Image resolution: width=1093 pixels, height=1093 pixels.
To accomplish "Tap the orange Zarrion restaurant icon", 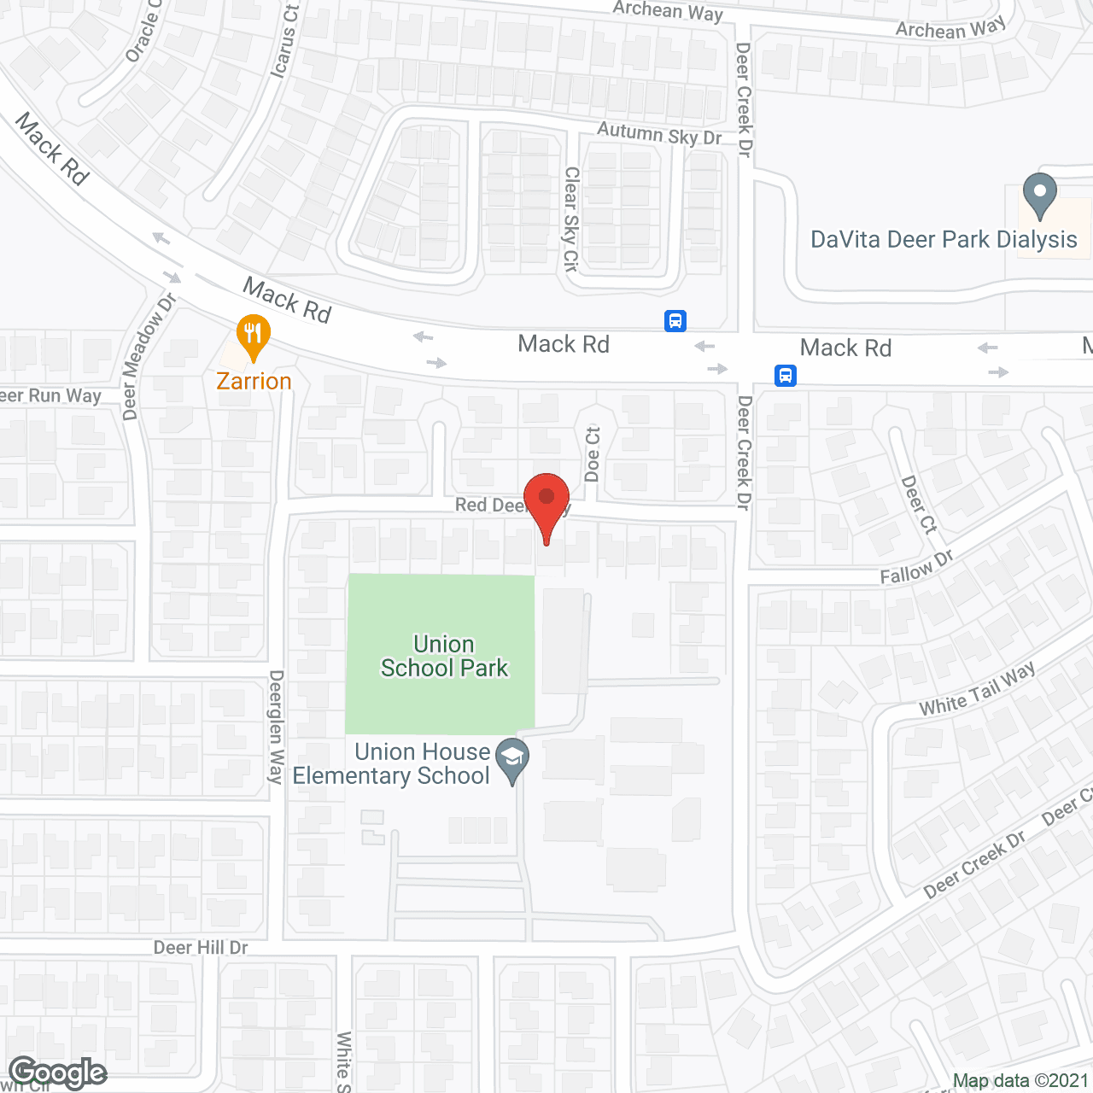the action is point(253,336).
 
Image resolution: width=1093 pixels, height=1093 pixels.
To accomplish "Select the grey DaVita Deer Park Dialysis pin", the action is point(1039,194).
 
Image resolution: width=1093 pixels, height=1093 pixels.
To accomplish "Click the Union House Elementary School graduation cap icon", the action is point(512,758).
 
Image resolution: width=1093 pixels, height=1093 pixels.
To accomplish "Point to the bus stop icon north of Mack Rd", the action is point(675,321).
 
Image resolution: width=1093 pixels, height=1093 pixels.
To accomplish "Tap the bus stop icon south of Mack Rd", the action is point(786,376).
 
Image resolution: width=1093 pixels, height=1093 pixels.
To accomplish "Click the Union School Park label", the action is point(444,656).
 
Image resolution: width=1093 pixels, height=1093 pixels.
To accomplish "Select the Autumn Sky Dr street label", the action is point(659,133).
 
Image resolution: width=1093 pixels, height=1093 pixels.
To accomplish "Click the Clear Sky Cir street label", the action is point(571,219).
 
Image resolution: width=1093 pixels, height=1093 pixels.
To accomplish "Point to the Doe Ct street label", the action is point(593,454).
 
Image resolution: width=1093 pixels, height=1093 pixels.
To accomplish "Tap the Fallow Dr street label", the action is point(916,568).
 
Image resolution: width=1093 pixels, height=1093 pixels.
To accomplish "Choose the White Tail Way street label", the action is point(977,690).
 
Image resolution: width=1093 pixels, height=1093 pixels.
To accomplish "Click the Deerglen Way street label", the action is point(276,727).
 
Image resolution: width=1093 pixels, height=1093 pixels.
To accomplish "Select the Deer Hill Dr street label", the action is point(201,948).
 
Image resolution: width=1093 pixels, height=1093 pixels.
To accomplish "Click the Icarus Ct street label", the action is point(284,42).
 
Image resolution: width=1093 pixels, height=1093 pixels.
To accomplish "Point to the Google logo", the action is point(58,1073).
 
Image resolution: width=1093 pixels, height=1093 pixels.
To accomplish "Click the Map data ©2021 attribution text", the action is point(1020,1081).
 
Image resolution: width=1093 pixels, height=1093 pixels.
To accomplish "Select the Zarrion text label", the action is point(254,381).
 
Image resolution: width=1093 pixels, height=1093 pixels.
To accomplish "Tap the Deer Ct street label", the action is point(919,505).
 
